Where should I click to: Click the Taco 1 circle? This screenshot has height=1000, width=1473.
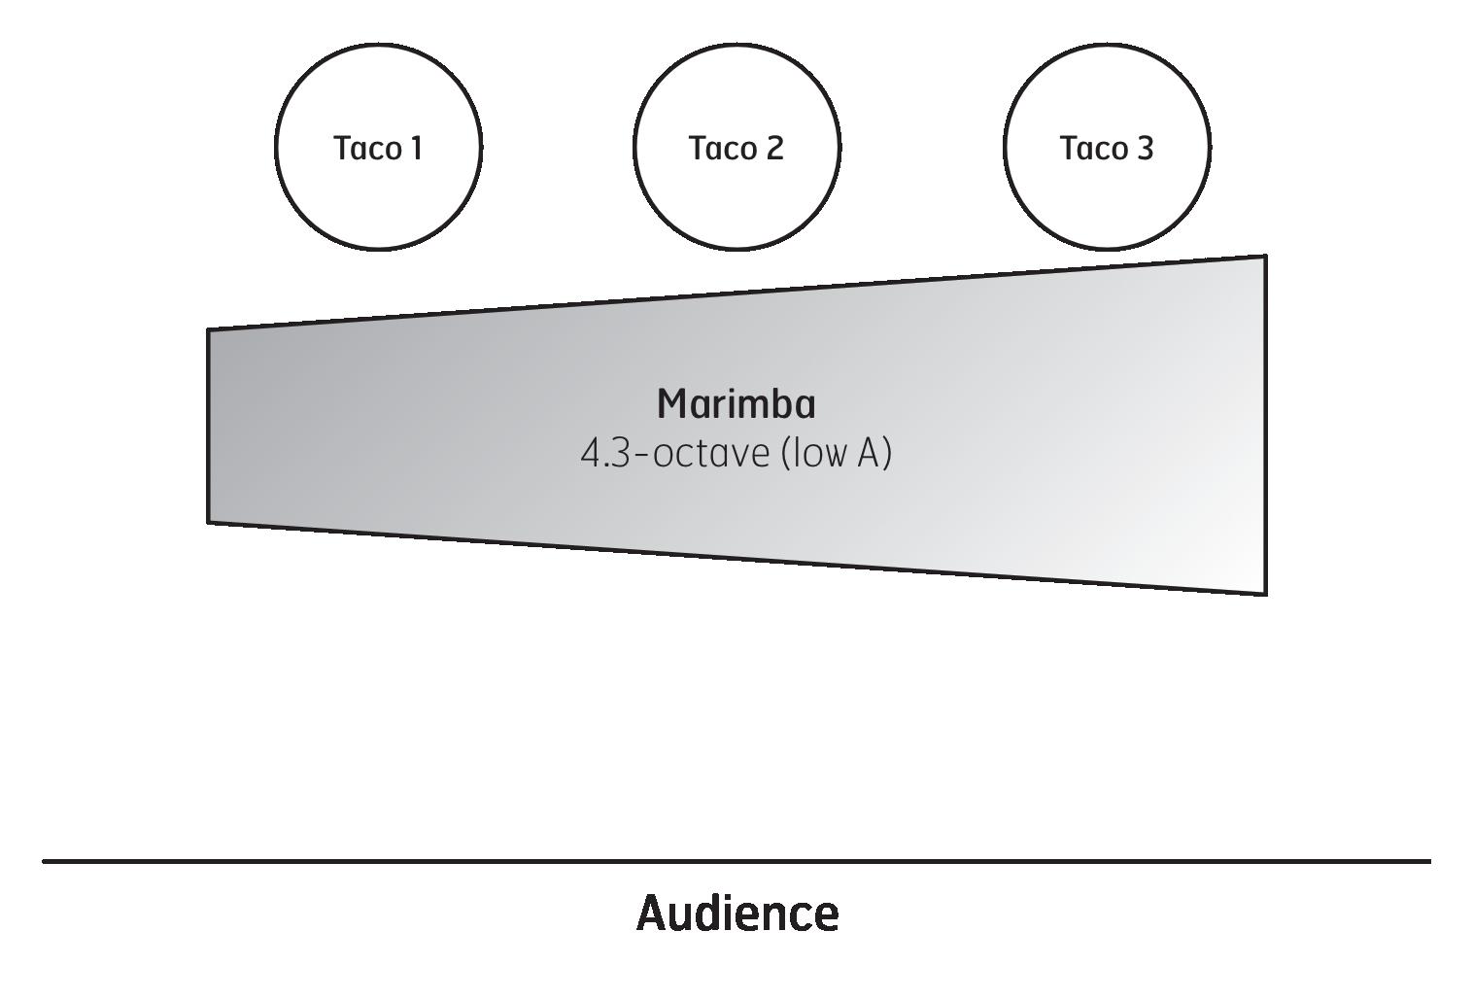(x=378, y=194)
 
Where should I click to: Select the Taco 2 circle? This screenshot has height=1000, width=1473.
(x=736, y=194)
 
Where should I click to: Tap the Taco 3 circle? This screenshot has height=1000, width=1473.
(x=1107, y=194)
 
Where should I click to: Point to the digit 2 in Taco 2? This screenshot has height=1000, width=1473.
(x=773, y=149)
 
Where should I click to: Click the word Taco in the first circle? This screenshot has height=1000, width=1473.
(x=364, y=149)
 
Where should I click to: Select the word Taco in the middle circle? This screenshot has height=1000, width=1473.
(x=720, y=149)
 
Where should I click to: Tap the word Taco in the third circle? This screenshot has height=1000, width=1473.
(x=1090, y=149)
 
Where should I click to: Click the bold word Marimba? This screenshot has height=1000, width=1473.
(x=736, y=404)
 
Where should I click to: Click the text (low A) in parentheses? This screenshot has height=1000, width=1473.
(x=836, y=454)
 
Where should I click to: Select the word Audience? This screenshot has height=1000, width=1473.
(x=737, y=914)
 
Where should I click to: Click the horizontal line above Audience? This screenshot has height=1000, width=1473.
(x=736, y=861)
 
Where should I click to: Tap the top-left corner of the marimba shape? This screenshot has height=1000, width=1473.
(x=209, y=330)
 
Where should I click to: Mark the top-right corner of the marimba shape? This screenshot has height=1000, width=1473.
(x=1265, y=257)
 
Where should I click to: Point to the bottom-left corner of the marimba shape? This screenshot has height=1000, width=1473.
(x=209, y=522)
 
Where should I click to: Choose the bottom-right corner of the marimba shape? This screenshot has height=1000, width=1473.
(x=1265, y=593)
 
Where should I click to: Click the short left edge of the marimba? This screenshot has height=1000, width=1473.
(x=209, y=426)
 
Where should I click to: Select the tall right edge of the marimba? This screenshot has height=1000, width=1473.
(x=1265, y=425)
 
